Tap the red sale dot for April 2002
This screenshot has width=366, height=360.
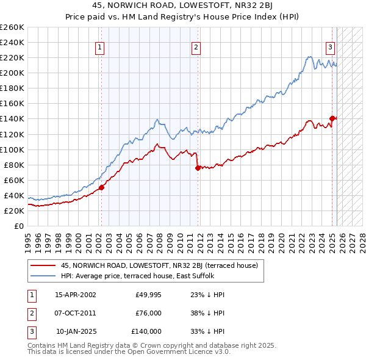click(101, 187)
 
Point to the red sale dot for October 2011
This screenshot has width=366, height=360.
click(198, 168)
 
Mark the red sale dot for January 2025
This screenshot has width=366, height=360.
click(332, 118)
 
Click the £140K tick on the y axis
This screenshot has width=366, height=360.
click(12, 119)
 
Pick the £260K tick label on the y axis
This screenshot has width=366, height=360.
click(12, 27)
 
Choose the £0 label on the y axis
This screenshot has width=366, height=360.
click(19, 226)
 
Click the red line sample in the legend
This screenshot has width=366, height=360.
click(43, 265)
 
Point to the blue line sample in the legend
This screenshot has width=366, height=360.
click(43, 276)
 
